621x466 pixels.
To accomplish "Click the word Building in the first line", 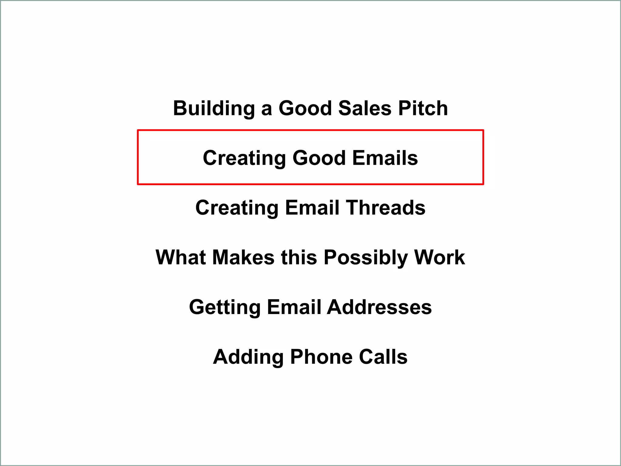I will click(214, 108).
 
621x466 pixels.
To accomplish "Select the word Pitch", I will click(423, 108).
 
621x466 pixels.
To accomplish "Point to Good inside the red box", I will click(319, 158).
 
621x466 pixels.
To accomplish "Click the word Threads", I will click(386, 208).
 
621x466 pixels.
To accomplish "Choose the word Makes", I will click(243, 258).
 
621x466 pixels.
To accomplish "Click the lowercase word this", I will click(299, 258).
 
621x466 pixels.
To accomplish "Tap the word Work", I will click(440, 258).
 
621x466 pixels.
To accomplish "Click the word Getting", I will click(225, 307).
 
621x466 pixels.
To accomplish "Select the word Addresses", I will click(379, 307).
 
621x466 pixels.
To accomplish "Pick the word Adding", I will click(248, 357).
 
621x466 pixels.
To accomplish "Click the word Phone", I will click(321, 357).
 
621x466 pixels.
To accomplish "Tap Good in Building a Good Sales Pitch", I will click(305, 108).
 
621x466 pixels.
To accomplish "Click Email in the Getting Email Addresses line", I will click(294, 307).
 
